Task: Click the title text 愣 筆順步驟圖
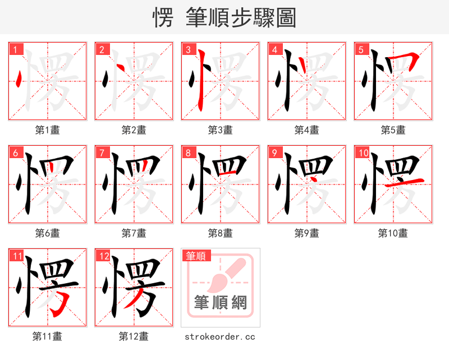[224, 17]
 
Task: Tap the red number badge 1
[15, 49]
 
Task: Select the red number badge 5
[361, 49]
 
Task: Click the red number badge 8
[188, 153]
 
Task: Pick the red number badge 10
[363, 153]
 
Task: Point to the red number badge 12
[103, 256]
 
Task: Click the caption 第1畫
[47, 130]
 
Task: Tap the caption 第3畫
[220, 130]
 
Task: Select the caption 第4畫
[306, 130]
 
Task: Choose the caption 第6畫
[47, 233]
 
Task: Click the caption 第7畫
[134, 233]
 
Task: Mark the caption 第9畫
[306, 233]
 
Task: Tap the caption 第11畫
[47, 336]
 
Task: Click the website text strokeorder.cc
[220, 336]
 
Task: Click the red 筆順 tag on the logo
[196, 256]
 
